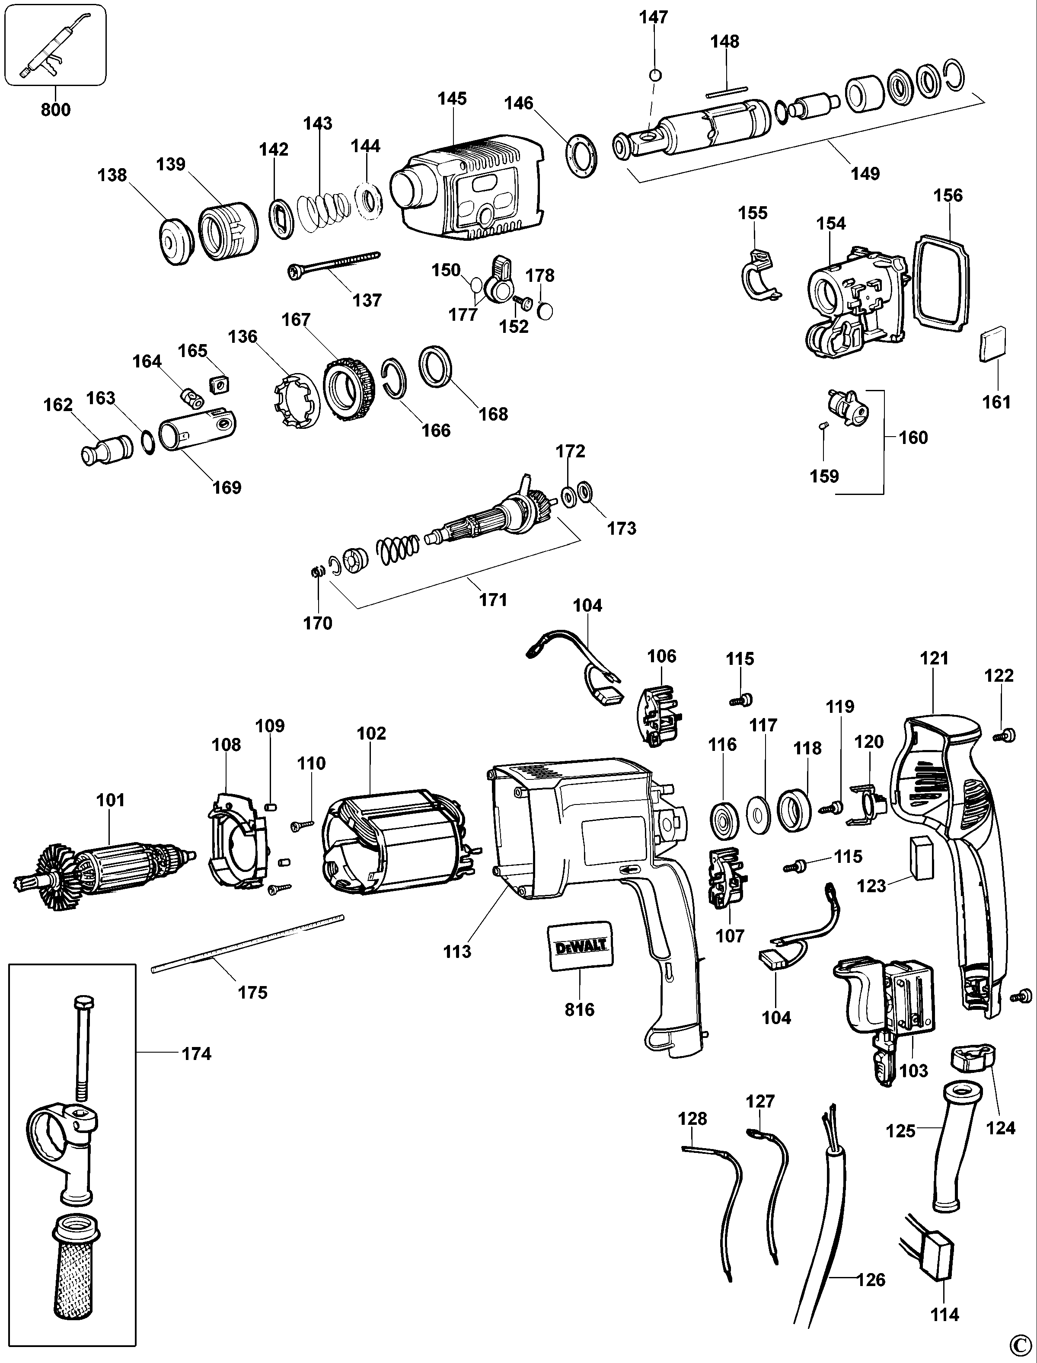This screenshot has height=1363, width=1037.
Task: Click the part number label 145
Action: pyautogui.click(x=453, y=99)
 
